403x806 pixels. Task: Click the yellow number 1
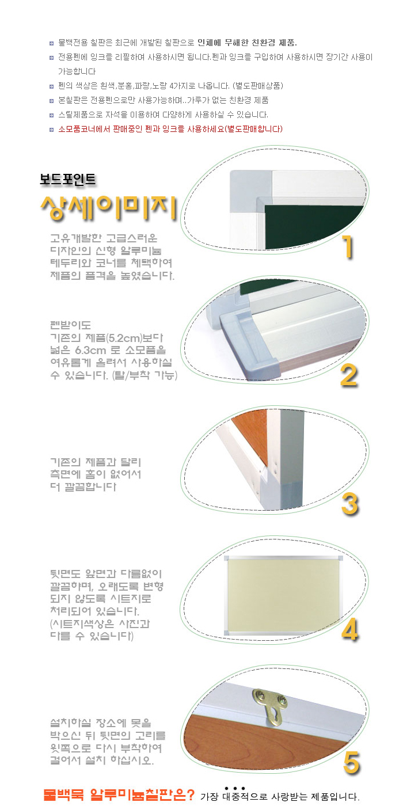coord(348,246)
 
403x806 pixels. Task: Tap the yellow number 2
coord(349,375)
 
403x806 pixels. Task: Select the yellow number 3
coord(350,504)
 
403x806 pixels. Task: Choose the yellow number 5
coord(352,763)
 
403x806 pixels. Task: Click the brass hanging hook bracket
coord(270,706)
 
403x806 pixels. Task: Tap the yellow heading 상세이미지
coord(109,208)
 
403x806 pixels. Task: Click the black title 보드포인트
coord(68,180)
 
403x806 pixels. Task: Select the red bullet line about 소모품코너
coord(170,129)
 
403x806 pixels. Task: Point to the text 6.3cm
coord(90,350)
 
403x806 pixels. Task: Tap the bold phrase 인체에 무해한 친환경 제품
coord(247,43)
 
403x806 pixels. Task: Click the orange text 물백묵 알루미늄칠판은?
coord(119,794)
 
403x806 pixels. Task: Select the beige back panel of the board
coord(283,595)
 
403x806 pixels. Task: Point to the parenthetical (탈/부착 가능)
coord(145,375)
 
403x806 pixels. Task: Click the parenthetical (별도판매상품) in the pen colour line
coord(258,86)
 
